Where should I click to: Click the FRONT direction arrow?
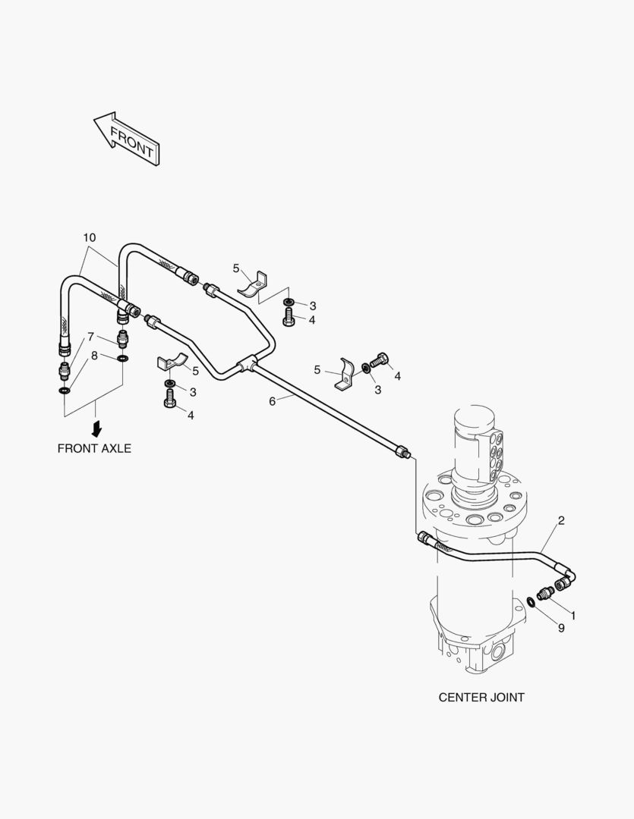pyautogui.click(x=127, y=139)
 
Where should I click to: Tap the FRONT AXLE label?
pyautogui.click(x=94, y=449)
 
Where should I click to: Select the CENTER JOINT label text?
pyautogui.click(x=481, y=698)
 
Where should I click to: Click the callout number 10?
pyautogui.click(x=90, y=237)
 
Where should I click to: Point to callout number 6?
pyautogui.click(x=272, y=401)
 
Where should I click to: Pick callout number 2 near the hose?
pyautogui.click(x=561, y=520)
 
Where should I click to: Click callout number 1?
pyautogui.click(x=572, y=616)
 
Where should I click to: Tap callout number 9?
pyautogui.click(x=561, y=628)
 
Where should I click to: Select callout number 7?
pyautogui.click(x=90, y=337)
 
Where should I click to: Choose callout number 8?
pyautogui.click(x=94, y=356)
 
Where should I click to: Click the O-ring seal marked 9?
pyautogui.click(x=531, y=602)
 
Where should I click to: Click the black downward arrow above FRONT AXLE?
pyautogui.click(x=96, y=428)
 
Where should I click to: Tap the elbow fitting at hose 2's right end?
pyautogui.click(x=566, y=577)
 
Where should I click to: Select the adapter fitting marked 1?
pyautogui.click(x=547, y=593)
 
